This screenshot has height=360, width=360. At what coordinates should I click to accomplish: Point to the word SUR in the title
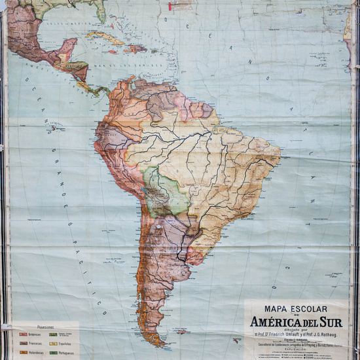331,323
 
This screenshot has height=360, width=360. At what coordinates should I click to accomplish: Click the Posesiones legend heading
46,327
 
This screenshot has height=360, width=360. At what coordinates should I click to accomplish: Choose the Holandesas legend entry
36,352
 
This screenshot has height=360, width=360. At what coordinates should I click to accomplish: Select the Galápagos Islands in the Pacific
53,129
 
